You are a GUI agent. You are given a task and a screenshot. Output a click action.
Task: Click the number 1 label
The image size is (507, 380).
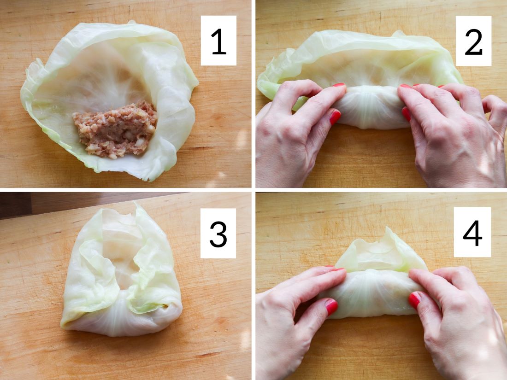click(218, 41)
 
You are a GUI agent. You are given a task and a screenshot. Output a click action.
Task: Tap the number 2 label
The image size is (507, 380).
click(473, 41)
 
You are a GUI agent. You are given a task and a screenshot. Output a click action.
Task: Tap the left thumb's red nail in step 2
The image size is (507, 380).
click(335, 117)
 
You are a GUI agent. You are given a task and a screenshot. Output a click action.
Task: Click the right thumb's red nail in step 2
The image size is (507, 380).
click(406, 114)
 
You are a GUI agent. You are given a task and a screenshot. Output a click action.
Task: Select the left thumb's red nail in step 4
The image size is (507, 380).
click(331, 307)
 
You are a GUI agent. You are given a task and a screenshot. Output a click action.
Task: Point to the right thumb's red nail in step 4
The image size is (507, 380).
click(414, 299)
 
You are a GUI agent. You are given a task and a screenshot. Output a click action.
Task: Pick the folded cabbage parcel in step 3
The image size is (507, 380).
click(122, 271)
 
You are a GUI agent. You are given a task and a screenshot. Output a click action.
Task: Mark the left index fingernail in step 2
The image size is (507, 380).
click(339, 85)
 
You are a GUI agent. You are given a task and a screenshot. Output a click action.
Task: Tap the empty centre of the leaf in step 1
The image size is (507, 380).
click(94, 81)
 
